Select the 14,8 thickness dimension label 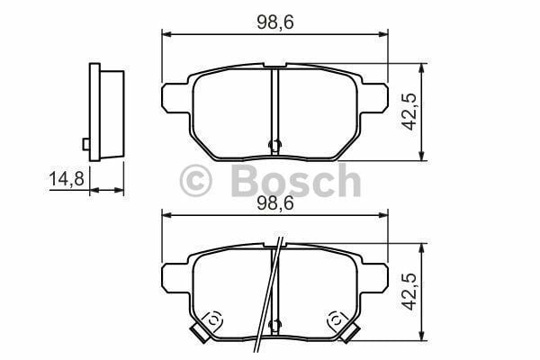pos(66,179)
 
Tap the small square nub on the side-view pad pos(85,143)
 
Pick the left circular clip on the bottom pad pos(214,319)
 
